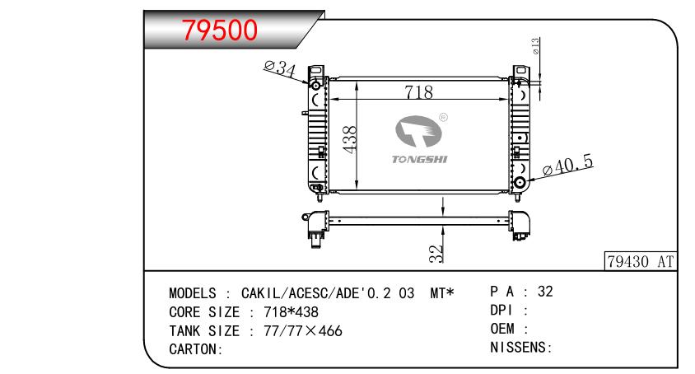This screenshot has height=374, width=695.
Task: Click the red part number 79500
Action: pyautogui.click(x=220, y=30)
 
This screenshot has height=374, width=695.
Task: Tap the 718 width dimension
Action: pyautogui.click(x=419, y=91)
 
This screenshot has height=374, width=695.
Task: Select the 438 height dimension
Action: pyautogui.click(x=350, y=139)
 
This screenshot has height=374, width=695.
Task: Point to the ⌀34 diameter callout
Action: pyautogui.click(x=280, y=68)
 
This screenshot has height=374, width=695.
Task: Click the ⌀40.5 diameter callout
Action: pyautogui.click(x=568, y=165)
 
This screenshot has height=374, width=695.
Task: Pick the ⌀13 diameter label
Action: pyautogui.click(x=535, y=46)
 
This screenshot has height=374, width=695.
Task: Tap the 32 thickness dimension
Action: pyautogui.click(x=436, y=254)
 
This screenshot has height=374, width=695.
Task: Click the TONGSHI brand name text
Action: pyautogui.click(x=420, y=159)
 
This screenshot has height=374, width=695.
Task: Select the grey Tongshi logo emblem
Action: pyautogui.click(x=418, y=131)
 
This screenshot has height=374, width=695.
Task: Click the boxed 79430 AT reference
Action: pyautogui.click(x=641, y=261)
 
